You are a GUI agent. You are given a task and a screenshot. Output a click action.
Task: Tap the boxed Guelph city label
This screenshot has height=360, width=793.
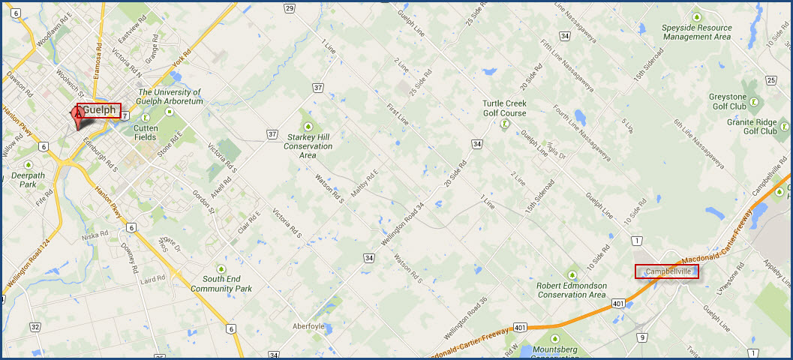tap(100, 110)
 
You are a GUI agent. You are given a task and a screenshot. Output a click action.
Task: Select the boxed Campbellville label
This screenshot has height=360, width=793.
tap(667, 271)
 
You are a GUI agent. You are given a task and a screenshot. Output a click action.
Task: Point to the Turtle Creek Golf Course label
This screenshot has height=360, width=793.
tap(506, 108)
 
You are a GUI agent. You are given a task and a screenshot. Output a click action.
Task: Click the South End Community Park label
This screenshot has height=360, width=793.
tap(221, 283)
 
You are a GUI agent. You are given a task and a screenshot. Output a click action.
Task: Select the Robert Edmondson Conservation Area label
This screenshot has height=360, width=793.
tap(572, 289)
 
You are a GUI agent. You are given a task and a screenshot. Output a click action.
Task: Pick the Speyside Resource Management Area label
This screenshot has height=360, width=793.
tap(697, 31)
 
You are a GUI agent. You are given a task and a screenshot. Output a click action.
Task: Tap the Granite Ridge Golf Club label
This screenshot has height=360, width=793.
tap(759, 125)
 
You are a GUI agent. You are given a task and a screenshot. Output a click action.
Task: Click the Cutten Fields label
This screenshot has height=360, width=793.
tap(146, 132)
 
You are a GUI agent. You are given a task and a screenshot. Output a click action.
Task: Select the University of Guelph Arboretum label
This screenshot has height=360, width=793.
tap(170, 97)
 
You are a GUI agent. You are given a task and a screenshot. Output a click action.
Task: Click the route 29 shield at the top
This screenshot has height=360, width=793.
tap(290, 7)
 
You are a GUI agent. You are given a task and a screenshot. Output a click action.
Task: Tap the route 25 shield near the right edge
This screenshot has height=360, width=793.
tap(770, 80)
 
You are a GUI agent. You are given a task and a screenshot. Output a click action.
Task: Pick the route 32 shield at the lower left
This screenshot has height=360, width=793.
tap(35, 327)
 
